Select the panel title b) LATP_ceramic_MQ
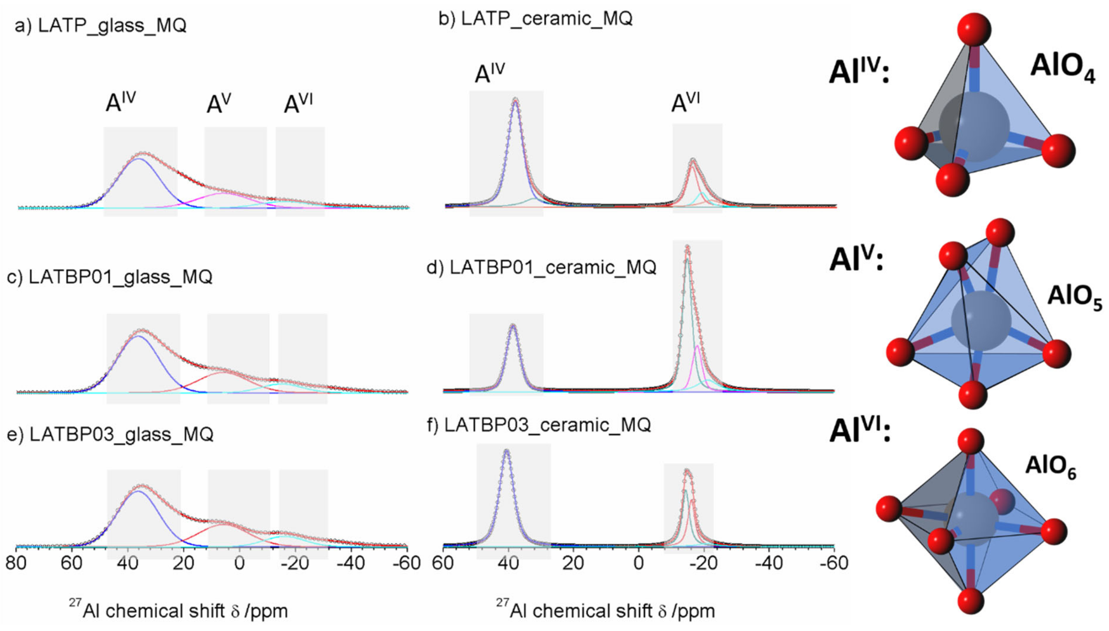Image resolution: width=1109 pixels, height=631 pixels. point(535,19)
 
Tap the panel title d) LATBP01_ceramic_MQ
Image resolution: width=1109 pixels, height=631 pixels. point(541,268)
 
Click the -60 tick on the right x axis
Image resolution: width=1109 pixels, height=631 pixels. point(834,563)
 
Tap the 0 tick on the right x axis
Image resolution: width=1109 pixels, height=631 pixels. point(638,563)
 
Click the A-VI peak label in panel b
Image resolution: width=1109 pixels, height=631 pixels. point(685,103)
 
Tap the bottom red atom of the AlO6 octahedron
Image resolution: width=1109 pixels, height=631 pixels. point(970,601)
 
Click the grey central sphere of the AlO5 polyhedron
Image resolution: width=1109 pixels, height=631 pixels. point(981,321)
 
